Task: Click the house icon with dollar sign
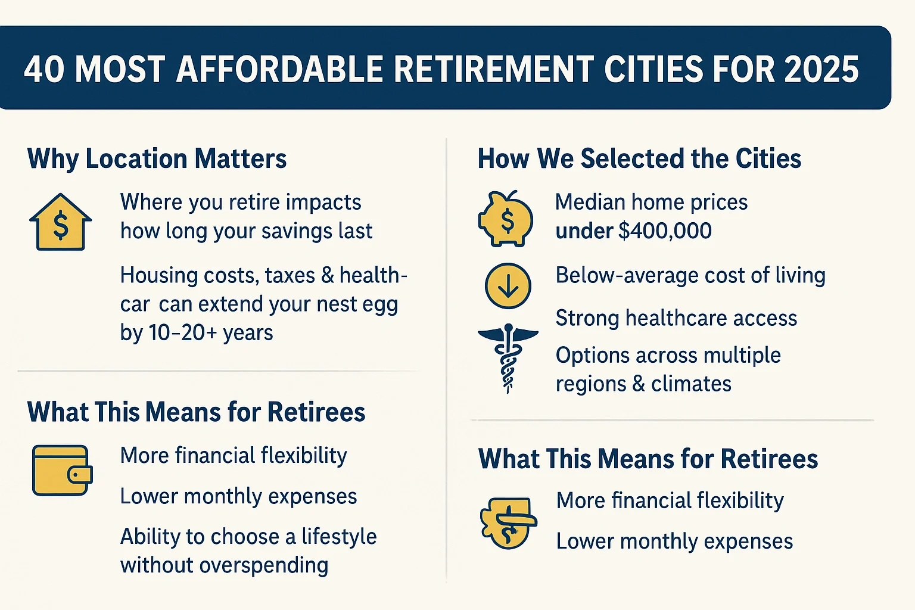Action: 60,222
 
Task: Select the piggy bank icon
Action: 506,219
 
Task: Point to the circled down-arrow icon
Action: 508,285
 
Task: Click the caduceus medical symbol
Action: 508,357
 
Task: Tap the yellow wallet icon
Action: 62,471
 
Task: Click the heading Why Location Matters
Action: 157,159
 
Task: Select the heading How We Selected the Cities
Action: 639,159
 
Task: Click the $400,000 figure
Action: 665,231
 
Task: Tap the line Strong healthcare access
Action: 676,318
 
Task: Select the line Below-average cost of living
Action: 690,275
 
